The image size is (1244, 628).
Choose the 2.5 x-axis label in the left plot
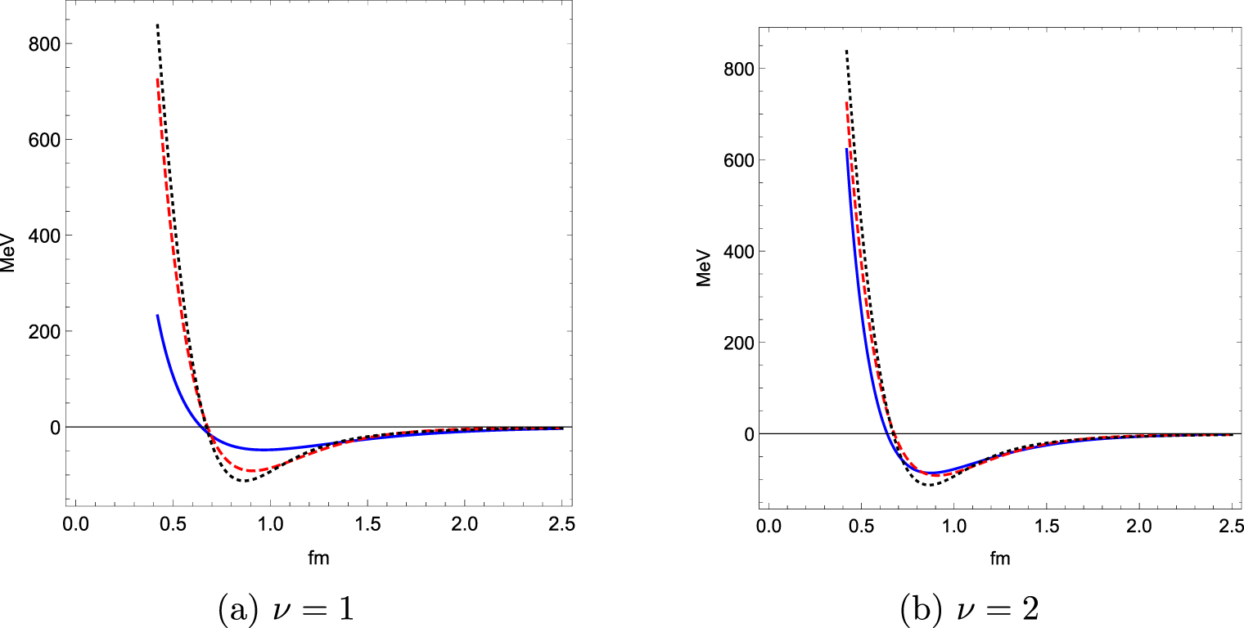point(561,522)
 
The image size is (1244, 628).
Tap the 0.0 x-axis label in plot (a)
point(75,522)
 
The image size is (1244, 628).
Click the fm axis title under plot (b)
point(999,559)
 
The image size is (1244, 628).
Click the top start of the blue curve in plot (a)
point(157,315)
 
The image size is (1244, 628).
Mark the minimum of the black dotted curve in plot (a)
point(245,481)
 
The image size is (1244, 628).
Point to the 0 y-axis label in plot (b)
point(746,433)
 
